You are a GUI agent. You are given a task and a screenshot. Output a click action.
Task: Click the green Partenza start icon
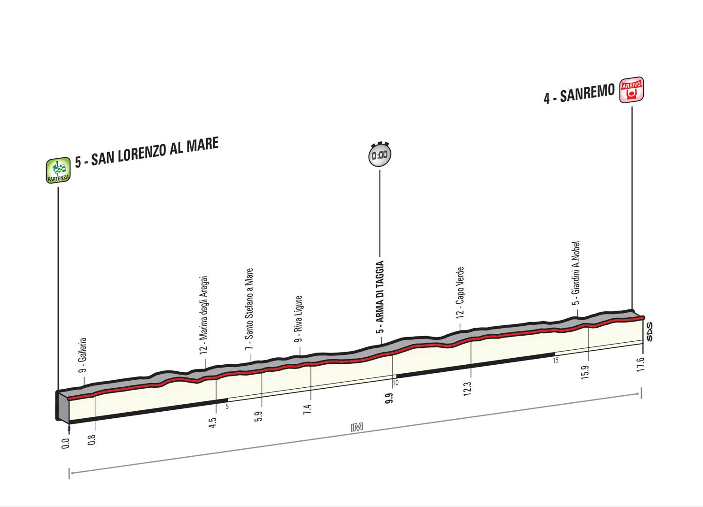58,170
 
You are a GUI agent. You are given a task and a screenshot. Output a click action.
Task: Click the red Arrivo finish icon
632,90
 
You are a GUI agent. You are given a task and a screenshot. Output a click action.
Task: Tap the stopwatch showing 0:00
379,154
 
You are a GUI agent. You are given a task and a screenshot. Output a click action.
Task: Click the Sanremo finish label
579,93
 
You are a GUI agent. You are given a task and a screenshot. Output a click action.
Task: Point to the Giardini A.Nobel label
577,274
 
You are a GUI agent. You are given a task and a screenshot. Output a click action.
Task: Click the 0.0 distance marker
66,444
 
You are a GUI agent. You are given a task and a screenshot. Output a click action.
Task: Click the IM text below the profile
357,427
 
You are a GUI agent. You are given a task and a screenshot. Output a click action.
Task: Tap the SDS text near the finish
649,331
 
